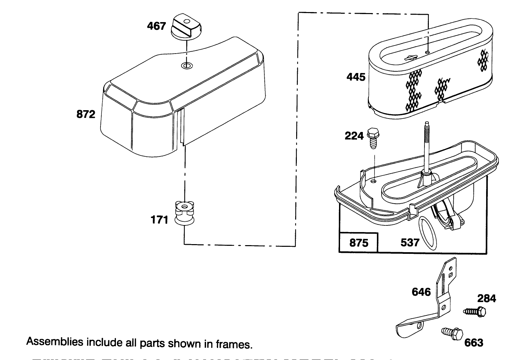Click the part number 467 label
tap(156, 26)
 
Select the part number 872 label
tap(86, 115)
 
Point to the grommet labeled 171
tap(185, 213)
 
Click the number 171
tap(159, 220)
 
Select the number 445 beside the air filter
tap(356, 77)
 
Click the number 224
tap(354, 136)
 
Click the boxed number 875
tap(358, 243)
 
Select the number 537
tap(410, 242)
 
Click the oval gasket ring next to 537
tap(428, 233)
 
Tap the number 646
tap(421, 292)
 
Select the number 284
tap(486, 298)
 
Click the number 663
tap(474, 343)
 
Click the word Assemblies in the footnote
tap(55, 342)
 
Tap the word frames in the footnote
tap(238, 344)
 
